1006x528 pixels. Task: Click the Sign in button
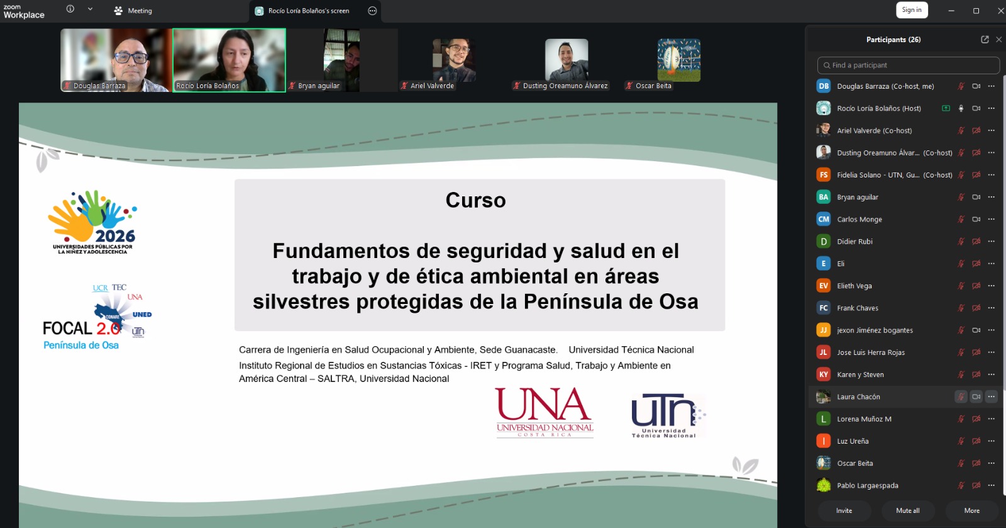(x=912, y=10)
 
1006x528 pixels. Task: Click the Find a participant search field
(x=908, y=65)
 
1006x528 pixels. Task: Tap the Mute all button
(x=908, y=510)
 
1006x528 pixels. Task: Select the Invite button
(x=844, y=510)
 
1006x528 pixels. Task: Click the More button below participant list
(x=972, y=510)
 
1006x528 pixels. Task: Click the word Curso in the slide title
(x=475, y=200)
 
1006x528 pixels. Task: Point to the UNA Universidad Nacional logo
(x=544, y=412)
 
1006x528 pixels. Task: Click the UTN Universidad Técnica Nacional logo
(x=668, y=415)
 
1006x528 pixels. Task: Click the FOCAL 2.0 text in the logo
(x=81, y=329)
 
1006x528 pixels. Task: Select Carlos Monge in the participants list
(x=859, y=219)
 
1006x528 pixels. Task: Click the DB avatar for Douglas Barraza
(x=823, y=86)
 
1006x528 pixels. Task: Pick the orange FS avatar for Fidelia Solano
(x=823, y=175)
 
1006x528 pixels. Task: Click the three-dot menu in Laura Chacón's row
(x=991, y=396)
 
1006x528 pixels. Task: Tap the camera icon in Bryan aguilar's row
(x=976, y=197)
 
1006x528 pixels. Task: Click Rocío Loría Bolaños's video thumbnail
(x=229, y=60)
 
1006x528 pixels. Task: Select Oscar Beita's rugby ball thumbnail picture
(x=678, y=60)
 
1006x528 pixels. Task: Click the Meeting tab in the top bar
(x=133, y=11)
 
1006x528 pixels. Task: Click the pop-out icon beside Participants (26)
(x=985, y=40)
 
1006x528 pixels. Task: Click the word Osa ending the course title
(x=678, y=301)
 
